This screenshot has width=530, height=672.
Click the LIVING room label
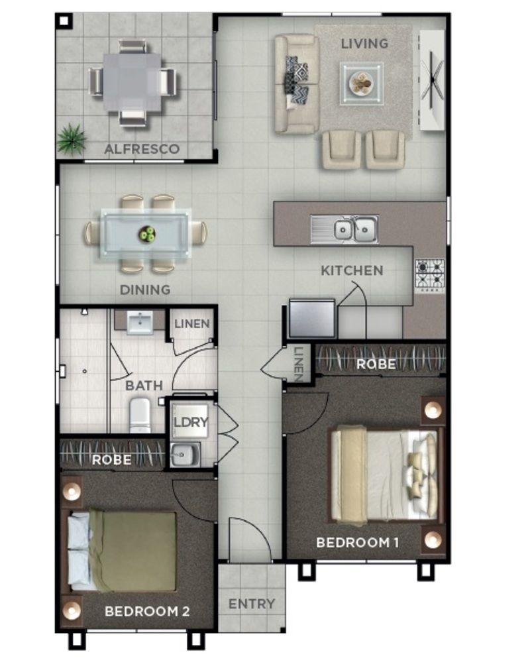click(364, 44)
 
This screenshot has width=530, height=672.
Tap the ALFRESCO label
click(142, 149)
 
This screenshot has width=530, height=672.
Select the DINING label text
click(144, 290)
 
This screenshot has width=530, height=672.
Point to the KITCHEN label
click(352, 270)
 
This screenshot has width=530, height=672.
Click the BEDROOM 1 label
click(357, 543)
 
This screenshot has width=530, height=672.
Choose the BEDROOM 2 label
click(147, 611)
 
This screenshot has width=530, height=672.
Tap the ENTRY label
click(251, 604)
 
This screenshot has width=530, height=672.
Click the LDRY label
click(191, 422)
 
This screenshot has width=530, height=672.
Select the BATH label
click(144, 385)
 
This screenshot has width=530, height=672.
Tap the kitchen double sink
click(354, 230)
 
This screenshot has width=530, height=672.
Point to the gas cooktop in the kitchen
click(430, 274)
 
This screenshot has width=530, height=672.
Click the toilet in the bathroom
click(140, 416)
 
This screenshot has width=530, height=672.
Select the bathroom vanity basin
click(140, 323)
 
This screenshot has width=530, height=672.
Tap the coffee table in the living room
click(362, 84)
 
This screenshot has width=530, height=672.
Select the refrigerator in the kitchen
click(312, 319)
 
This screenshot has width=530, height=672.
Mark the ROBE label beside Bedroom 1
click(376, 364)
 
